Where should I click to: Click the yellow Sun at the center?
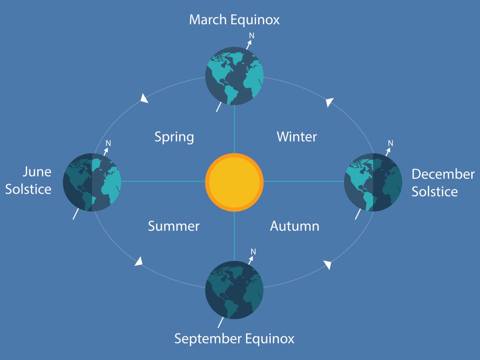click(234, 182)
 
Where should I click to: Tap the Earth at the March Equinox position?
click(234, 76)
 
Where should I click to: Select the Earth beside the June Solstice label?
click(92, 182)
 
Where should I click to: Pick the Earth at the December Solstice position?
click(373, 182)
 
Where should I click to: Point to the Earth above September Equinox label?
click(234, 290)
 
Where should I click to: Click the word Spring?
click(174, 137)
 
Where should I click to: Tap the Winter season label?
click(296, 137)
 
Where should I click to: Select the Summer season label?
click(173, 226)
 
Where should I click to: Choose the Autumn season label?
click(295, 226)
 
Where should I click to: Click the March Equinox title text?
click(234, 20)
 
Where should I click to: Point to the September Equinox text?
click(234, 339)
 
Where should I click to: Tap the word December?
click(443, 174)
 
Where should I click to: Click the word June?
click(37, 172)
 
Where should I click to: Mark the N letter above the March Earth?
click(252, 36)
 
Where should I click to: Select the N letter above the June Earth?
click(108, 143)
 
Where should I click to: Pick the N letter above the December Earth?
click(390, 143)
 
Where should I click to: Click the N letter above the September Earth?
click(253, 252)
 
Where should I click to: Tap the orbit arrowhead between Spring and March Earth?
click(144, 99)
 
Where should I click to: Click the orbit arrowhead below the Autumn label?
click(328, 264)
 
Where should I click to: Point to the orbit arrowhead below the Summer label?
click(139, 262)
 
